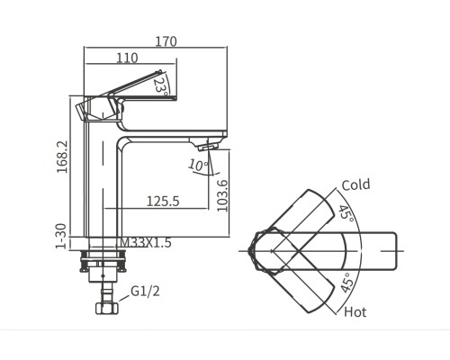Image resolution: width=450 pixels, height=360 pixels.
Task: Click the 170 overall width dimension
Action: coord(166,41)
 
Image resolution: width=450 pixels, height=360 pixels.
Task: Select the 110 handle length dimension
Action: coord(127,58)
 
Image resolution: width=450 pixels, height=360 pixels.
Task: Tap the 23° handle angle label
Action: coord(160,86)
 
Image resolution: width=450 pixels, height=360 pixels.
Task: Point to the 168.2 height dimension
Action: coord(62,157)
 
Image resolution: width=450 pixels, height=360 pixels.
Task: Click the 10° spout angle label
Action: coord(198,165)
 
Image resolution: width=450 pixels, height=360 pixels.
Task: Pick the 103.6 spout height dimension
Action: coord(222,196)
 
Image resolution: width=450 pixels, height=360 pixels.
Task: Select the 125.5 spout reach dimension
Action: coord(163,202)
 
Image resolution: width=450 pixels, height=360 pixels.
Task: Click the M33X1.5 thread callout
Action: coord(146,242)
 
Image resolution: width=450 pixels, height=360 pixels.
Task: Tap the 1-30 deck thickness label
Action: coord(61,237)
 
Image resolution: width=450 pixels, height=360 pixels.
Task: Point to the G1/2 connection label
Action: coord(145,291)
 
